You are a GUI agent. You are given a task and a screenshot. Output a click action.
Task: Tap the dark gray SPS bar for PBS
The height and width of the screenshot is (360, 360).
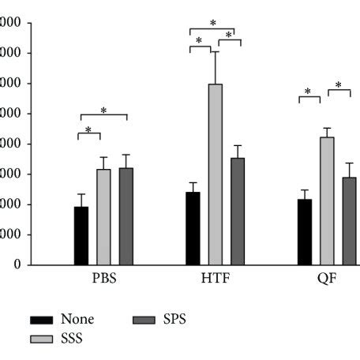[x=126, y=216]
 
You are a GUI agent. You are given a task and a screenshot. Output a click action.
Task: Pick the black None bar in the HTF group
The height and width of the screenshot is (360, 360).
[x=193, y=228]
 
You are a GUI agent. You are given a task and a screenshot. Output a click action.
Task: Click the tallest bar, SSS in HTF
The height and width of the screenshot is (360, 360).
[x=216, y=174]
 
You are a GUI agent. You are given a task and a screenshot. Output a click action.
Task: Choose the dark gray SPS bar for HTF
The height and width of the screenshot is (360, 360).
[x=238, y=212]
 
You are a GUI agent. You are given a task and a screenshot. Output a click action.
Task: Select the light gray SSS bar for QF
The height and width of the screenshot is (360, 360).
[x=327, y=201]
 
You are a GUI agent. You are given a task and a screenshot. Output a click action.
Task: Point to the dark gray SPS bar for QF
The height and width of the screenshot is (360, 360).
[x=349, y=221]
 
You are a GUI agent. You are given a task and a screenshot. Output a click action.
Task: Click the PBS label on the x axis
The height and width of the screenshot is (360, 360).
[x=103, y=279]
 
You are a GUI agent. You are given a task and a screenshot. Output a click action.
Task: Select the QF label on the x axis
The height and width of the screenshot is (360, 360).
[x=327, y=279]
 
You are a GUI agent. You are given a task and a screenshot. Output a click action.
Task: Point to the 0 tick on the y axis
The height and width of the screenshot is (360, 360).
[x=16, y=265]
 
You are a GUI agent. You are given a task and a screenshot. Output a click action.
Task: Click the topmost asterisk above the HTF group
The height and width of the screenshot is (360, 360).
[x=213, y=24]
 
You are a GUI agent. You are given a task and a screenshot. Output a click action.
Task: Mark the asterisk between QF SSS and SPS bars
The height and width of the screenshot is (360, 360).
[x=338, y=86]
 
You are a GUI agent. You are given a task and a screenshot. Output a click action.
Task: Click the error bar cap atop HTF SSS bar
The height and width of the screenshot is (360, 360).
[x=216, y=52]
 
